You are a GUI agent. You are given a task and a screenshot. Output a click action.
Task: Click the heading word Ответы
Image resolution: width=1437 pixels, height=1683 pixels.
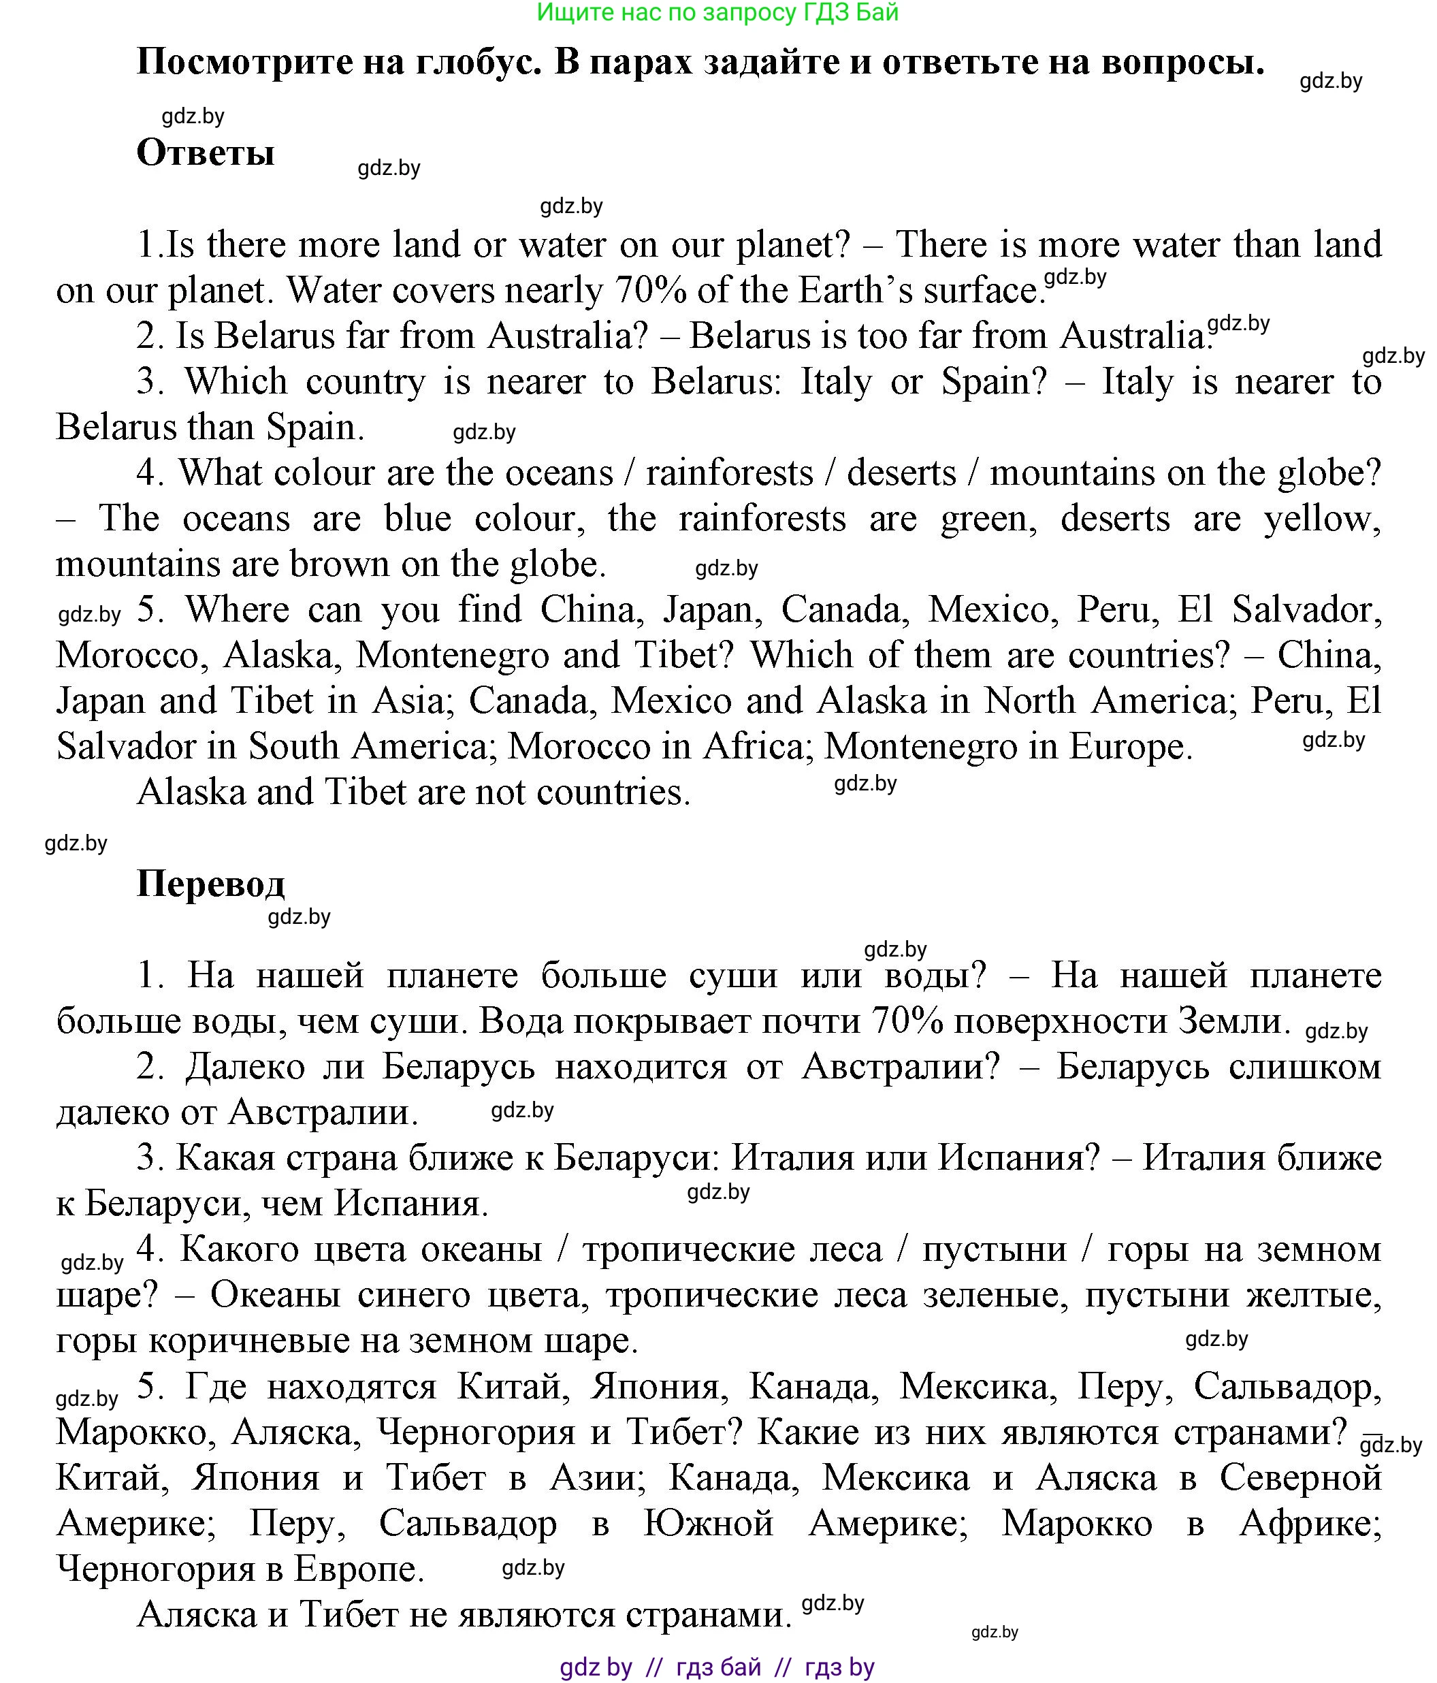point(206,153)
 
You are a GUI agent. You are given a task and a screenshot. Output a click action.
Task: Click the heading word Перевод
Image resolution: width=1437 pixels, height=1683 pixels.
point(211,884)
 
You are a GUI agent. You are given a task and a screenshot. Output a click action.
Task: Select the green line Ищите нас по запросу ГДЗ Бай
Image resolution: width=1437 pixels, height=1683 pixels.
point(718,13)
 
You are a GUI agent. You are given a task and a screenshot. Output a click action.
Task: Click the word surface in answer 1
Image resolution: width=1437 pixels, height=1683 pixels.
point(980,290)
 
